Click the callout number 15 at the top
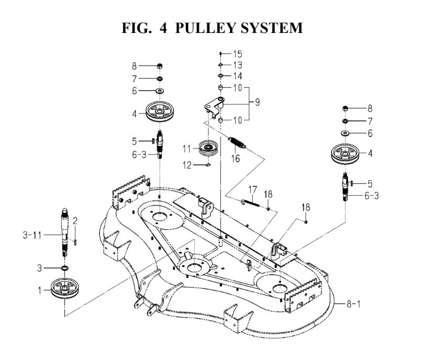click(x=238, y=54)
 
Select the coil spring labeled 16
click(x=238, y=141)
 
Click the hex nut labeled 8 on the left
click(x=159, y=66)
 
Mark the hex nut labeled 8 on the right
click(x=346, y=109)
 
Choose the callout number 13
click(x=238, y=65)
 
